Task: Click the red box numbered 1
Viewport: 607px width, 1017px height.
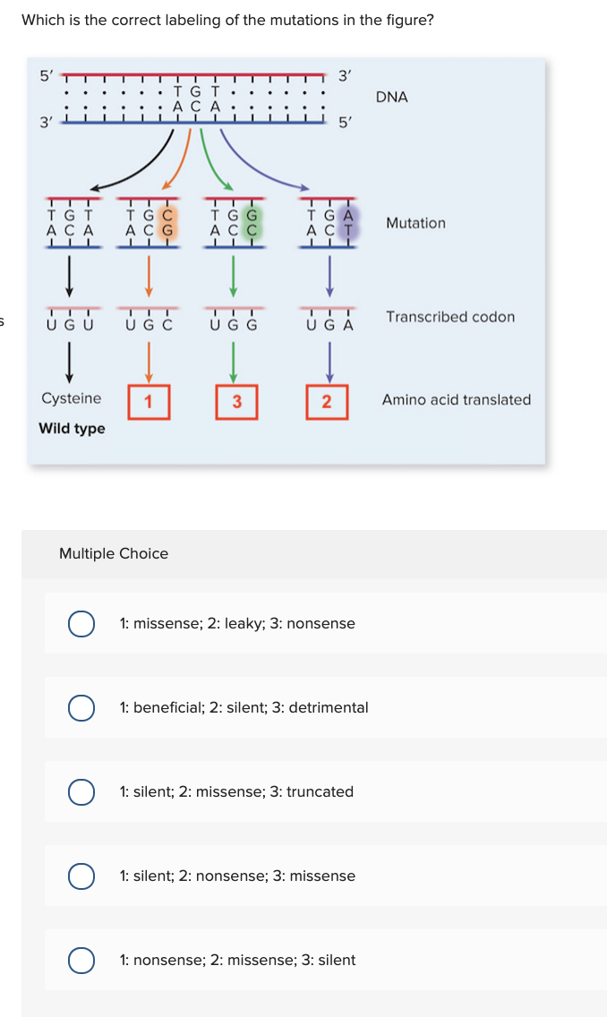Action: [150, 401]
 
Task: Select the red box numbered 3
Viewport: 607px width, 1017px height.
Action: [236, 401]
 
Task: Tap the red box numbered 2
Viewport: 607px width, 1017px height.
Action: [327, 401]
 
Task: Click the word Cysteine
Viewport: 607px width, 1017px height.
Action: [72, 398]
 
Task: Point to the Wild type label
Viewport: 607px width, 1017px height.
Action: [72, 429]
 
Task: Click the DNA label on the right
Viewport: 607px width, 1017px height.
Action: [392, 97]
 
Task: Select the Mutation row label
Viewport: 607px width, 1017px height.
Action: [415, 223]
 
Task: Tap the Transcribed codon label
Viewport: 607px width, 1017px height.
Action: [450, 317]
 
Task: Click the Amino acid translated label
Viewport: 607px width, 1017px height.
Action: [456, 400]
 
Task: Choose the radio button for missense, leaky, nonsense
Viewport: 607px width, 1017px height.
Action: [82, 623]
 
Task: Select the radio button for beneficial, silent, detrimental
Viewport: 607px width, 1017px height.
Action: [82, 707]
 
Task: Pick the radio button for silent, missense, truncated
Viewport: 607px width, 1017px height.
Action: [82, 791]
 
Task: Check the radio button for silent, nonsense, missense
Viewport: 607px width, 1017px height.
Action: [82, 876]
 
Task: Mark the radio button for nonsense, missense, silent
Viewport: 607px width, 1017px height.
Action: [82, 960]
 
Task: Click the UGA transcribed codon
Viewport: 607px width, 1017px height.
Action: [329, 325]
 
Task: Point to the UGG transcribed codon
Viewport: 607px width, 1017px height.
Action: [235, 325]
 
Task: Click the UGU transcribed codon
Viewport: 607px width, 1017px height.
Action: [70, 325]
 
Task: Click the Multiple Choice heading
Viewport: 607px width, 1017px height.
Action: [114, 553]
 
